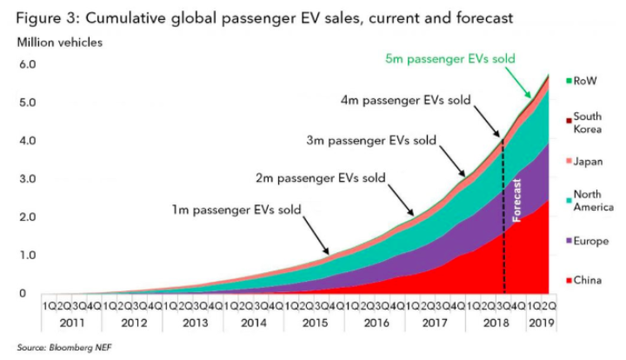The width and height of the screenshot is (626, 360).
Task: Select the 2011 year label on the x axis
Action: (72, 323)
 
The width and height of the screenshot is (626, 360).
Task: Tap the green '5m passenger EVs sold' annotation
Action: (450, 59)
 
